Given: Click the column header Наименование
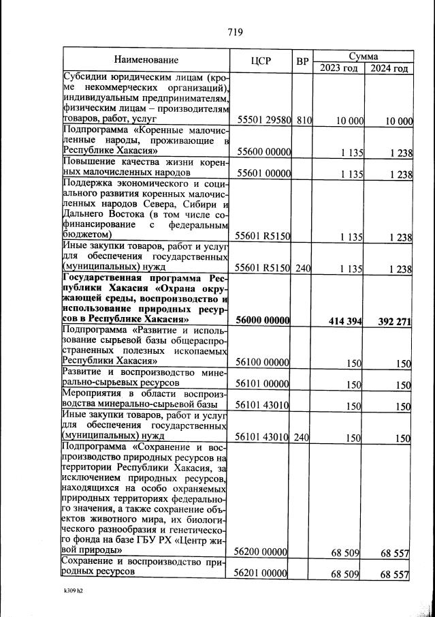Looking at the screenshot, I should click(x=146, y=60).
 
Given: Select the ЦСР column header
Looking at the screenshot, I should click(x=261, y=60).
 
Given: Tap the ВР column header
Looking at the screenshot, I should click(x=302, y=61).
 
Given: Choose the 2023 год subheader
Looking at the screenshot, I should click(x=338, y=68).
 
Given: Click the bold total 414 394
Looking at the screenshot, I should click(x=343, y=321).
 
